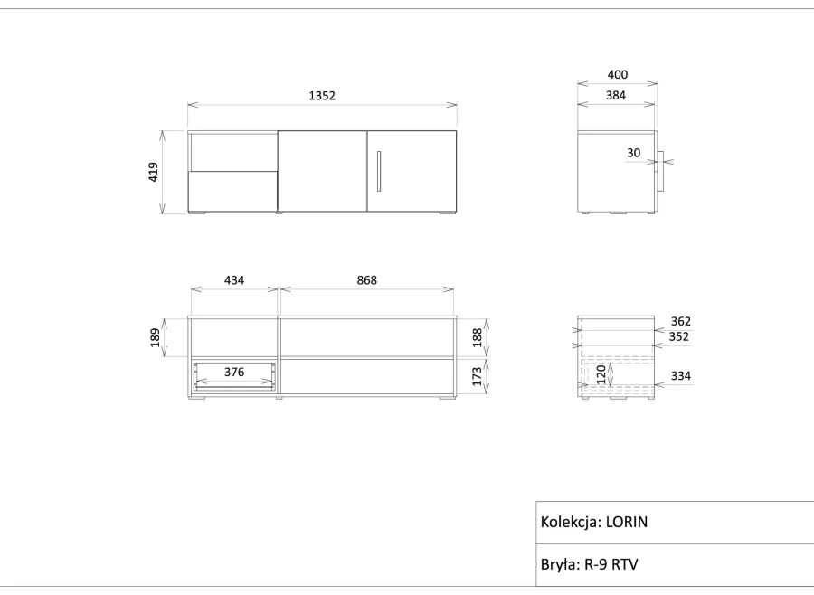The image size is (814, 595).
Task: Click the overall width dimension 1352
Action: pos(322,96)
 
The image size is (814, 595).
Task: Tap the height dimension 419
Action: pos(153,172)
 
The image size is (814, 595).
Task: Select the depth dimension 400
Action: pos(617,75)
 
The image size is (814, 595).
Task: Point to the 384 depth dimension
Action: pos(616,96)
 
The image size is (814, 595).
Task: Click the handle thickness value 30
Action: pos(633,153)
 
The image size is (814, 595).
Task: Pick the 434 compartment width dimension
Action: pos(234,280)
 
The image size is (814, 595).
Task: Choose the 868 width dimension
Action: pos(366,280)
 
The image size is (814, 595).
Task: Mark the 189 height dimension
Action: pos(155,337)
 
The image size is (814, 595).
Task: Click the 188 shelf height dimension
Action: pos(477,337)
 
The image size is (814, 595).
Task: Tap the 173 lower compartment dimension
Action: pos(477,373)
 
